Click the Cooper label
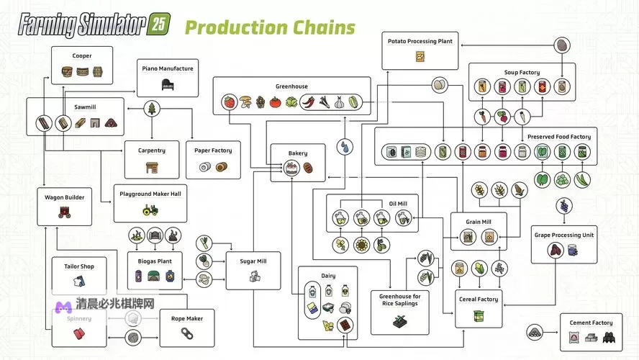[x=81, y=55]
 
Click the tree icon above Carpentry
[x=153, y=109]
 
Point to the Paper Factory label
[x=213, y=150]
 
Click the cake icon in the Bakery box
[x=291, y=168]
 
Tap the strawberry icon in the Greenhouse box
[x=230, y=102]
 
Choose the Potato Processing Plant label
[x=420, y=42]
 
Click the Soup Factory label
[x=522, y=73]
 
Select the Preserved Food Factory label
[x=559, y=137]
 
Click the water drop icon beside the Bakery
[x=347, y=146]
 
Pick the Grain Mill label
[x=479, y=222]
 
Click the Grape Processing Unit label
[x=563, y=235]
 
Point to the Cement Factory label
[x=591, y=323]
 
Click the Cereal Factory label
[x=478, y=300]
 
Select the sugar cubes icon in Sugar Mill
[x=254, y=276]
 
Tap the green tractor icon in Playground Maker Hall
[x=150, y=210]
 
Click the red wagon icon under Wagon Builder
[x=65, y=211]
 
